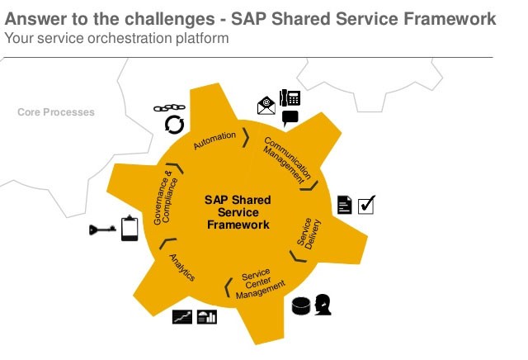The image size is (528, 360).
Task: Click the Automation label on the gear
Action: pyautogui.click(x=214, y=140)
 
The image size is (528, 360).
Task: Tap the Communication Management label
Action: pyautogui.click(x=287, y=161)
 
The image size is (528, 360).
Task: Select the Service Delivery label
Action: pyautogui.click(x=309, y=234)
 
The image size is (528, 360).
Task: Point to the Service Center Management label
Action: pyautogui.click(x=260, y=284)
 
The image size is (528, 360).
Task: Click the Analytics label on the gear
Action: pyautogui.click(x=181, y=268)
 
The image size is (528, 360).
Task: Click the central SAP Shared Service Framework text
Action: pyautogui.click(x=238, y=212)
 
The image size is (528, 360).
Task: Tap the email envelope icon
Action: pyautogui.click(x=266, y=106)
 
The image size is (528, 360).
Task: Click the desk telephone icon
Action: pyautogui.click(x=290, y=97)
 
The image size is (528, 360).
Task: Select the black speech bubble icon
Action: pyautogui.click(x=290, y=118)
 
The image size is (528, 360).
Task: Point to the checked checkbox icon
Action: pyautogui.click(x=366, y=205)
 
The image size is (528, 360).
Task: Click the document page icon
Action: pyautogui.click(x=345, y=205)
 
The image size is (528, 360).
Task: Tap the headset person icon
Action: pyautogui.click(x=323, y=305)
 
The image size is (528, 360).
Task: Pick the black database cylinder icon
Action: pyautogui.click(x=301, y=306)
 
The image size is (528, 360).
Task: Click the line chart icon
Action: pyautogui.click(x=182, y=317)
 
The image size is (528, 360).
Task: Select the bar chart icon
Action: pyautogui.click(x=207, y=317)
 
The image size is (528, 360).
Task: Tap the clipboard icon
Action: pyautogui.click(x=130, y=228)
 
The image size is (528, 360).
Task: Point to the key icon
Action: pyautogui.click(x=102, y=230)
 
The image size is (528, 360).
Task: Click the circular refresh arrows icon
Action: pyautogui.click(x=174, y=125)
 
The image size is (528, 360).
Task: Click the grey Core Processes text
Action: pyautogui.click(x=56, y=112)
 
